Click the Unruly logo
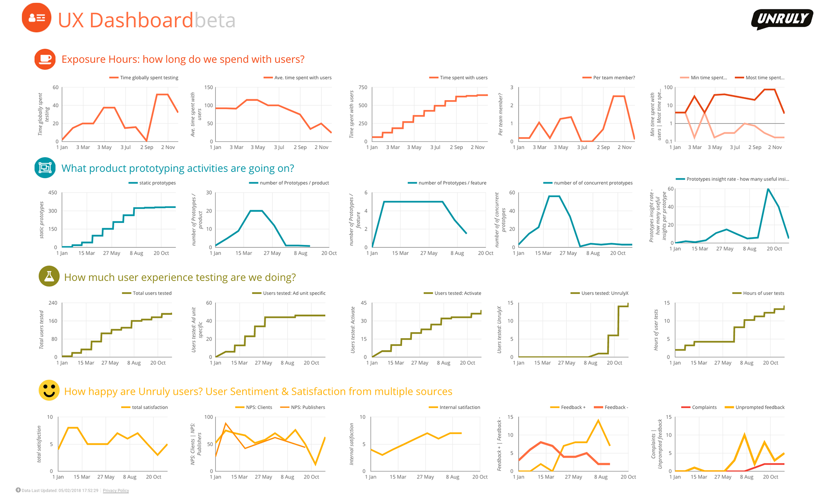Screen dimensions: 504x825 (x=782, y=19)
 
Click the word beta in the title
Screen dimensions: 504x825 (x=215, y=20)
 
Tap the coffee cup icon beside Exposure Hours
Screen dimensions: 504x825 (x=45, y=59)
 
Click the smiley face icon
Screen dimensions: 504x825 (x=49, y=390)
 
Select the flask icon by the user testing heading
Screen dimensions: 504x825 (x=49, y=276)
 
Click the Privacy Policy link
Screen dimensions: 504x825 (x=116, y=490)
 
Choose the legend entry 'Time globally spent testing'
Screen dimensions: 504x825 (x=149, y=78)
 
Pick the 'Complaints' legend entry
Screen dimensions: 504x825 (x=704, y=407)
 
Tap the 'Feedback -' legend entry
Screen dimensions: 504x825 (x=616, y=407)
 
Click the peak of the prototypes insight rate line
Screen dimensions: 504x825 (x=768, y=189)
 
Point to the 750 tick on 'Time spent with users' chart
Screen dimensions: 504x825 (x=363, y=87)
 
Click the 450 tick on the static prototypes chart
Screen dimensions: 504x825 (x=52, y=192)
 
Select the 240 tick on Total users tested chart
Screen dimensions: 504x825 (x=52, y=303)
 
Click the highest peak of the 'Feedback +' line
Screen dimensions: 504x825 (x=598, y=420)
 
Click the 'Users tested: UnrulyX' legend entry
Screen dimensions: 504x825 (x=604, y=293)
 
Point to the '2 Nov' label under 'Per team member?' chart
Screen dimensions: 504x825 (x=624, y=147)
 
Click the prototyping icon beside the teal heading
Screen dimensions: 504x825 (x=45, y=168)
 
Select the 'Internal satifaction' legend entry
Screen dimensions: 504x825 (x=459, y=407)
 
